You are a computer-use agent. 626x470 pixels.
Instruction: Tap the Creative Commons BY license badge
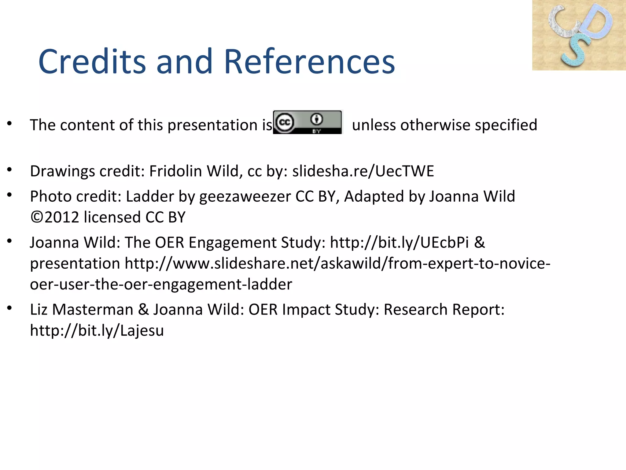307,122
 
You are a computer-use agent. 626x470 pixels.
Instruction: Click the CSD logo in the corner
579,35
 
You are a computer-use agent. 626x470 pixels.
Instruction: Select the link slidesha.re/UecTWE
363,171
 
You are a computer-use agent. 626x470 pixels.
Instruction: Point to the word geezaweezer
245,197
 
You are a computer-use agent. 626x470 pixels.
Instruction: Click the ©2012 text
55,217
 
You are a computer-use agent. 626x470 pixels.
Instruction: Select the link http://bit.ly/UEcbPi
399,243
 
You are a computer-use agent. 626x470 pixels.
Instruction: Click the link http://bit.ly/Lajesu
97,330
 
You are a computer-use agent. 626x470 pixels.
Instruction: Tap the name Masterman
93,310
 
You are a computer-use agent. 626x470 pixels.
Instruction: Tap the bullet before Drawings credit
10,169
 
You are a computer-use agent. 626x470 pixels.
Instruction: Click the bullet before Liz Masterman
10,308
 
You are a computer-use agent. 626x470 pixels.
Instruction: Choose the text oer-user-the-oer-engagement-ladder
161,285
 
